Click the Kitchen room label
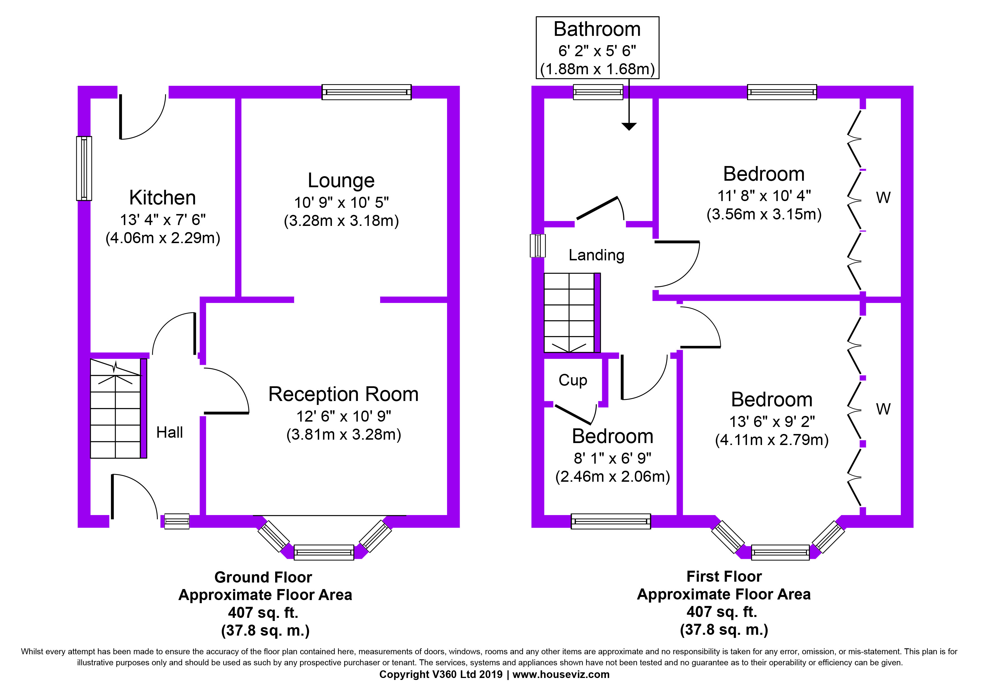coord(163,198)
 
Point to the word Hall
coord(169,432)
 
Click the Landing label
coord(596,255)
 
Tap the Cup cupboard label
coord(573,380)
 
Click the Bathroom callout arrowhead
coord(629,126)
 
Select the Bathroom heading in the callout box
coord(597,29)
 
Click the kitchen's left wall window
coord(84,169)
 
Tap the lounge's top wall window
coord(367,92)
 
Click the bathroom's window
coord(598,92)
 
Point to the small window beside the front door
coord(177,522)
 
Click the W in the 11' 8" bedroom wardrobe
coord(883,198)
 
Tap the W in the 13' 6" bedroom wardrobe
coord(883,409)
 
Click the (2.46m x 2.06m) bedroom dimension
coord(612,477)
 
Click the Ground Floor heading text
coord(263,577)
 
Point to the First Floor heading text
coord(724,576)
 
